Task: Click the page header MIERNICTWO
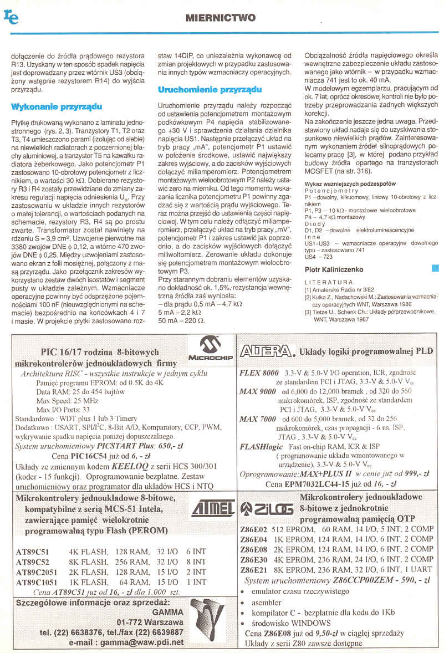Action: pyautogui.click(x=221, y=18)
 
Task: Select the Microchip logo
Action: pyautogui.click(x=210, y=351)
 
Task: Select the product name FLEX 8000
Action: pyautogui.click(x=259, y=373)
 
